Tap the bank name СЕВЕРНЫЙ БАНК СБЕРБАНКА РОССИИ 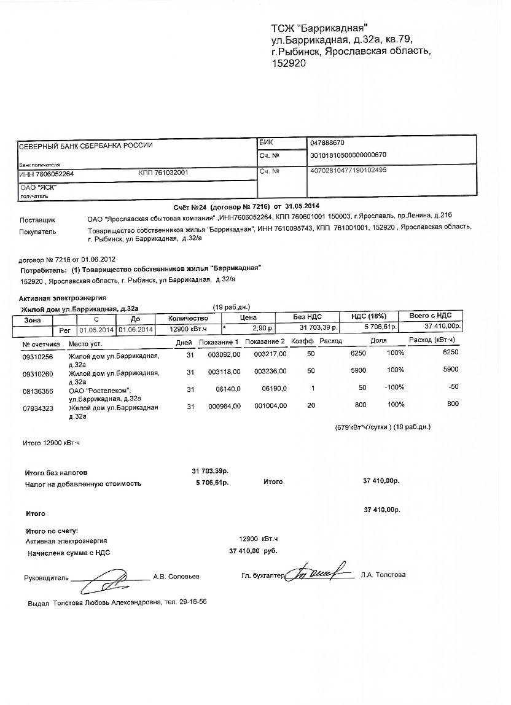(x=86, y=146)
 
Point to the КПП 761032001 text (x=163, y=173)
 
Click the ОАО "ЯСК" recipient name (x=38, y=187)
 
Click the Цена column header (x=248, y=318)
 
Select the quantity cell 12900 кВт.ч (x=187, y=329)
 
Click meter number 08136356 (x=37, y=390)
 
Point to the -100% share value (x=394, y=387)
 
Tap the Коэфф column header (x=302, y=341)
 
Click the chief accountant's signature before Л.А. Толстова (x=319, y=572)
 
